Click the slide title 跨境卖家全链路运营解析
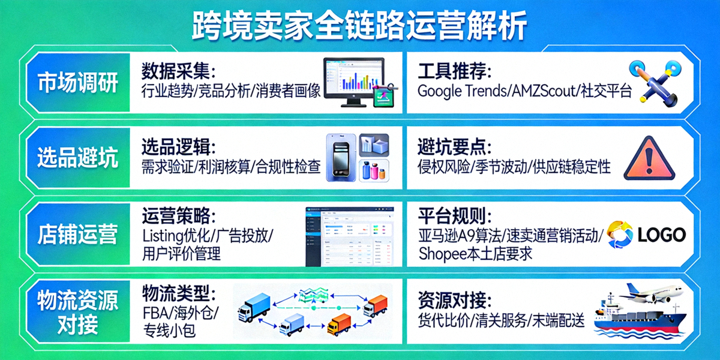(x=360, y=25)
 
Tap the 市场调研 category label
(x=77, y=83)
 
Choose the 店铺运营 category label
(x=77, y=234)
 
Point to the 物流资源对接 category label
(x=77, y=312)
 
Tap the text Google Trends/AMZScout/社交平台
(x=524, y=92)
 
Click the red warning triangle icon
(x=649, y=158)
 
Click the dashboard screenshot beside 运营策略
(x=350, y=235)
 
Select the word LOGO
(x=661, y=234)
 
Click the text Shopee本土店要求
(x=475, y=253)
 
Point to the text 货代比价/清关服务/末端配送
(x=501, y=320)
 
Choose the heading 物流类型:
(x=178, y=294)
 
